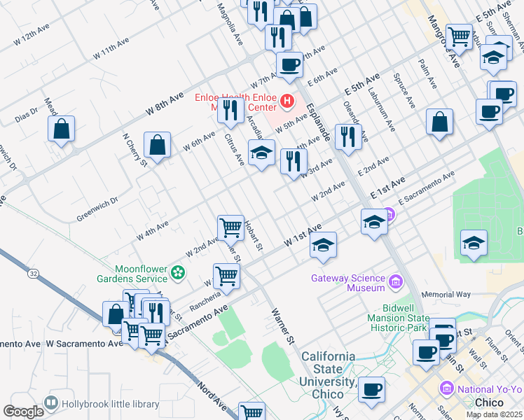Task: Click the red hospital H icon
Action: pyautogui.click(x=287, y=102)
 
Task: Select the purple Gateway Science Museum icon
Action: pyautogui.click(x=396, y=282)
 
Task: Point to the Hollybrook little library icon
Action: pyautogui.click(x=50, y=403)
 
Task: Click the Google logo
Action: pyautogui.click(x=23, y=411)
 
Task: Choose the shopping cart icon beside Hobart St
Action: pyautogui.click(x=230, y=227)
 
